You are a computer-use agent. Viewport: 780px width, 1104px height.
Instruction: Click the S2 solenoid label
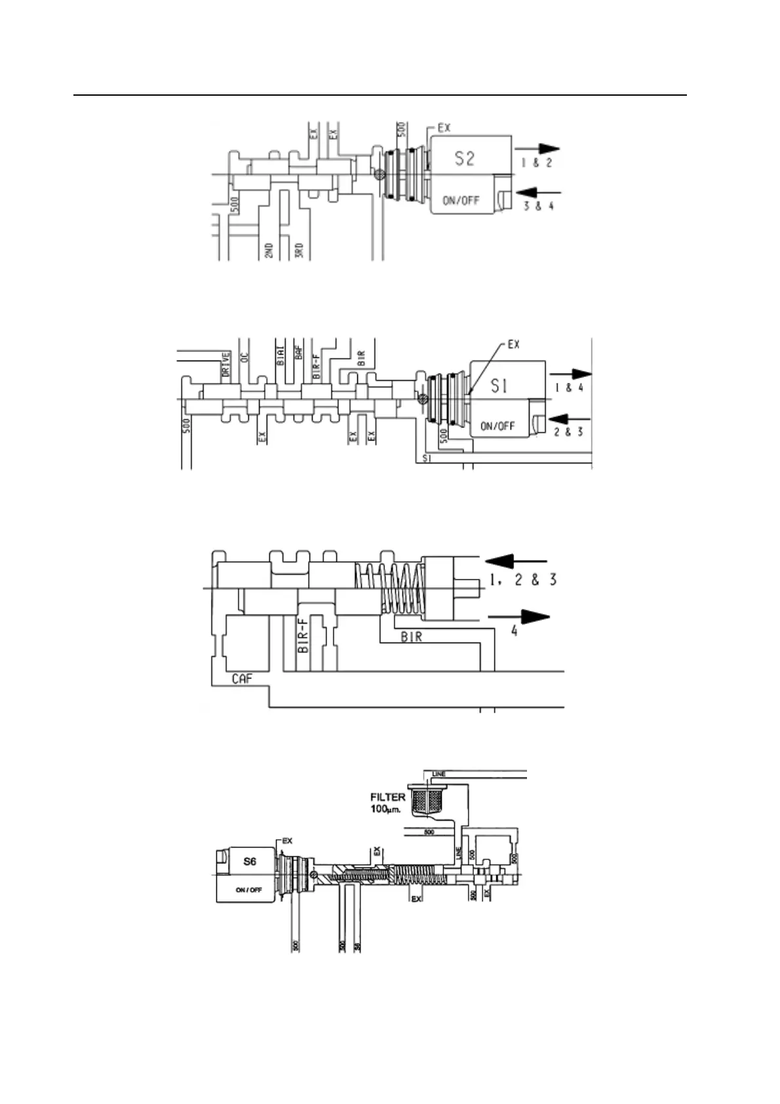pyautogui.click(x=464, y=158)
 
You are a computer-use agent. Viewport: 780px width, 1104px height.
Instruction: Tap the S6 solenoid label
pyautogui.click(x=250, y=861)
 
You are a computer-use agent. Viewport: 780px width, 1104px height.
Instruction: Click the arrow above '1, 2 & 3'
pyautogui.click(x=515, y=561)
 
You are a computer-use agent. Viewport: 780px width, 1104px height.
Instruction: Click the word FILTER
pyautogui.click(x=388, y=797)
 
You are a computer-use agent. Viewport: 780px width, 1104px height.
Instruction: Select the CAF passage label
pyautogui.click(x=242, y=679)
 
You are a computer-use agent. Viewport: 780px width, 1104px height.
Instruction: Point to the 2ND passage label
pyautogui.click(x=269, y=250)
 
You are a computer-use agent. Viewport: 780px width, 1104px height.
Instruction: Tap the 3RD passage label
pyautogui.click(x=299, y=250)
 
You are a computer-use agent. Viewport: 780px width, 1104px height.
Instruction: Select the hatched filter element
pyautogui.click(x=427, y=801)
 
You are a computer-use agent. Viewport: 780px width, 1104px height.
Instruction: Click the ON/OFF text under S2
pyautogui.click(x=461, y=201)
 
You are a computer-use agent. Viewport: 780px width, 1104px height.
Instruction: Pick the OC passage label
pyautogui.click(x=244, y=356)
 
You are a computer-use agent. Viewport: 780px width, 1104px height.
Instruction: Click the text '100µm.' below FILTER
pyautogui.click(x=387, y=810)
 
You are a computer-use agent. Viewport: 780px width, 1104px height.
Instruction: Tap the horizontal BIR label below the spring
pyautogui.click(x=411, y=637)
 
